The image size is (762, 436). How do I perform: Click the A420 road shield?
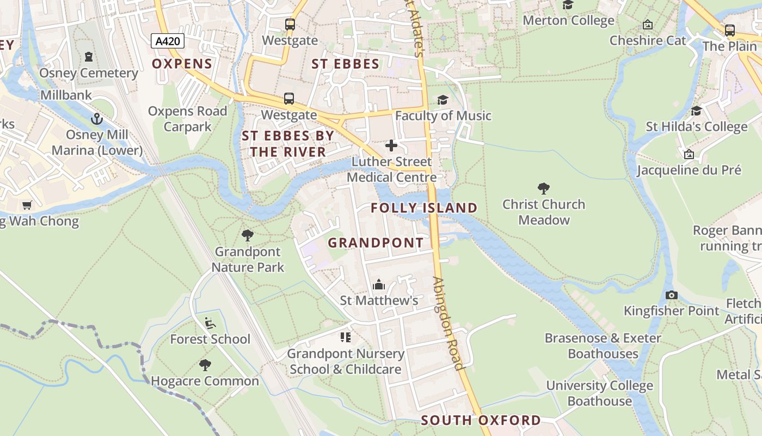click(168, 41)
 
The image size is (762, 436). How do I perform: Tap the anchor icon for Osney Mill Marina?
click(97, 119)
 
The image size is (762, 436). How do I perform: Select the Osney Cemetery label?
click(89, 73)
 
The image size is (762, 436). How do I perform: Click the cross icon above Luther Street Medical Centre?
click(391, 146)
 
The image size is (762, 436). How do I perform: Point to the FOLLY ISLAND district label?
click(424, 208)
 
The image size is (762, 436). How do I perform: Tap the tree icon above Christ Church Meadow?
click(543, 189)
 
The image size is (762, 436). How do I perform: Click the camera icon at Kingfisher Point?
click(672, 295)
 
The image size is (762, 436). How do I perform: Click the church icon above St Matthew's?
click(379, 284)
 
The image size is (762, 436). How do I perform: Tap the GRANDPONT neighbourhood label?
click(376, 243)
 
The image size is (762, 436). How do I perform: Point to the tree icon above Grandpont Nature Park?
click(248, 235)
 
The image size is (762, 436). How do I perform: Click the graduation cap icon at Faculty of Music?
click(443, 100)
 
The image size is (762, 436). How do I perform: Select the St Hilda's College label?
click(697, 126)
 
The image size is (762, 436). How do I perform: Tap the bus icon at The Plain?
click(729, 31)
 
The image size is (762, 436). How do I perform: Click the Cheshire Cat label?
click(648, 40)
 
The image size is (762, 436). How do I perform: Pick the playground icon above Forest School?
click(210, 323)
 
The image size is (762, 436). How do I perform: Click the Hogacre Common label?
click(205, 381)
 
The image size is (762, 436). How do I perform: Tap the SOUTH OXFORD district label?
click(481, 420)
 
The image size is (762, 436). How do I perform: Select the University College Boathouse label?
click(599, 393)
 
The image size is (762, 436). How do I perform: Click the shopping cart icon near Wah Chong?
click(27, 205)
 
